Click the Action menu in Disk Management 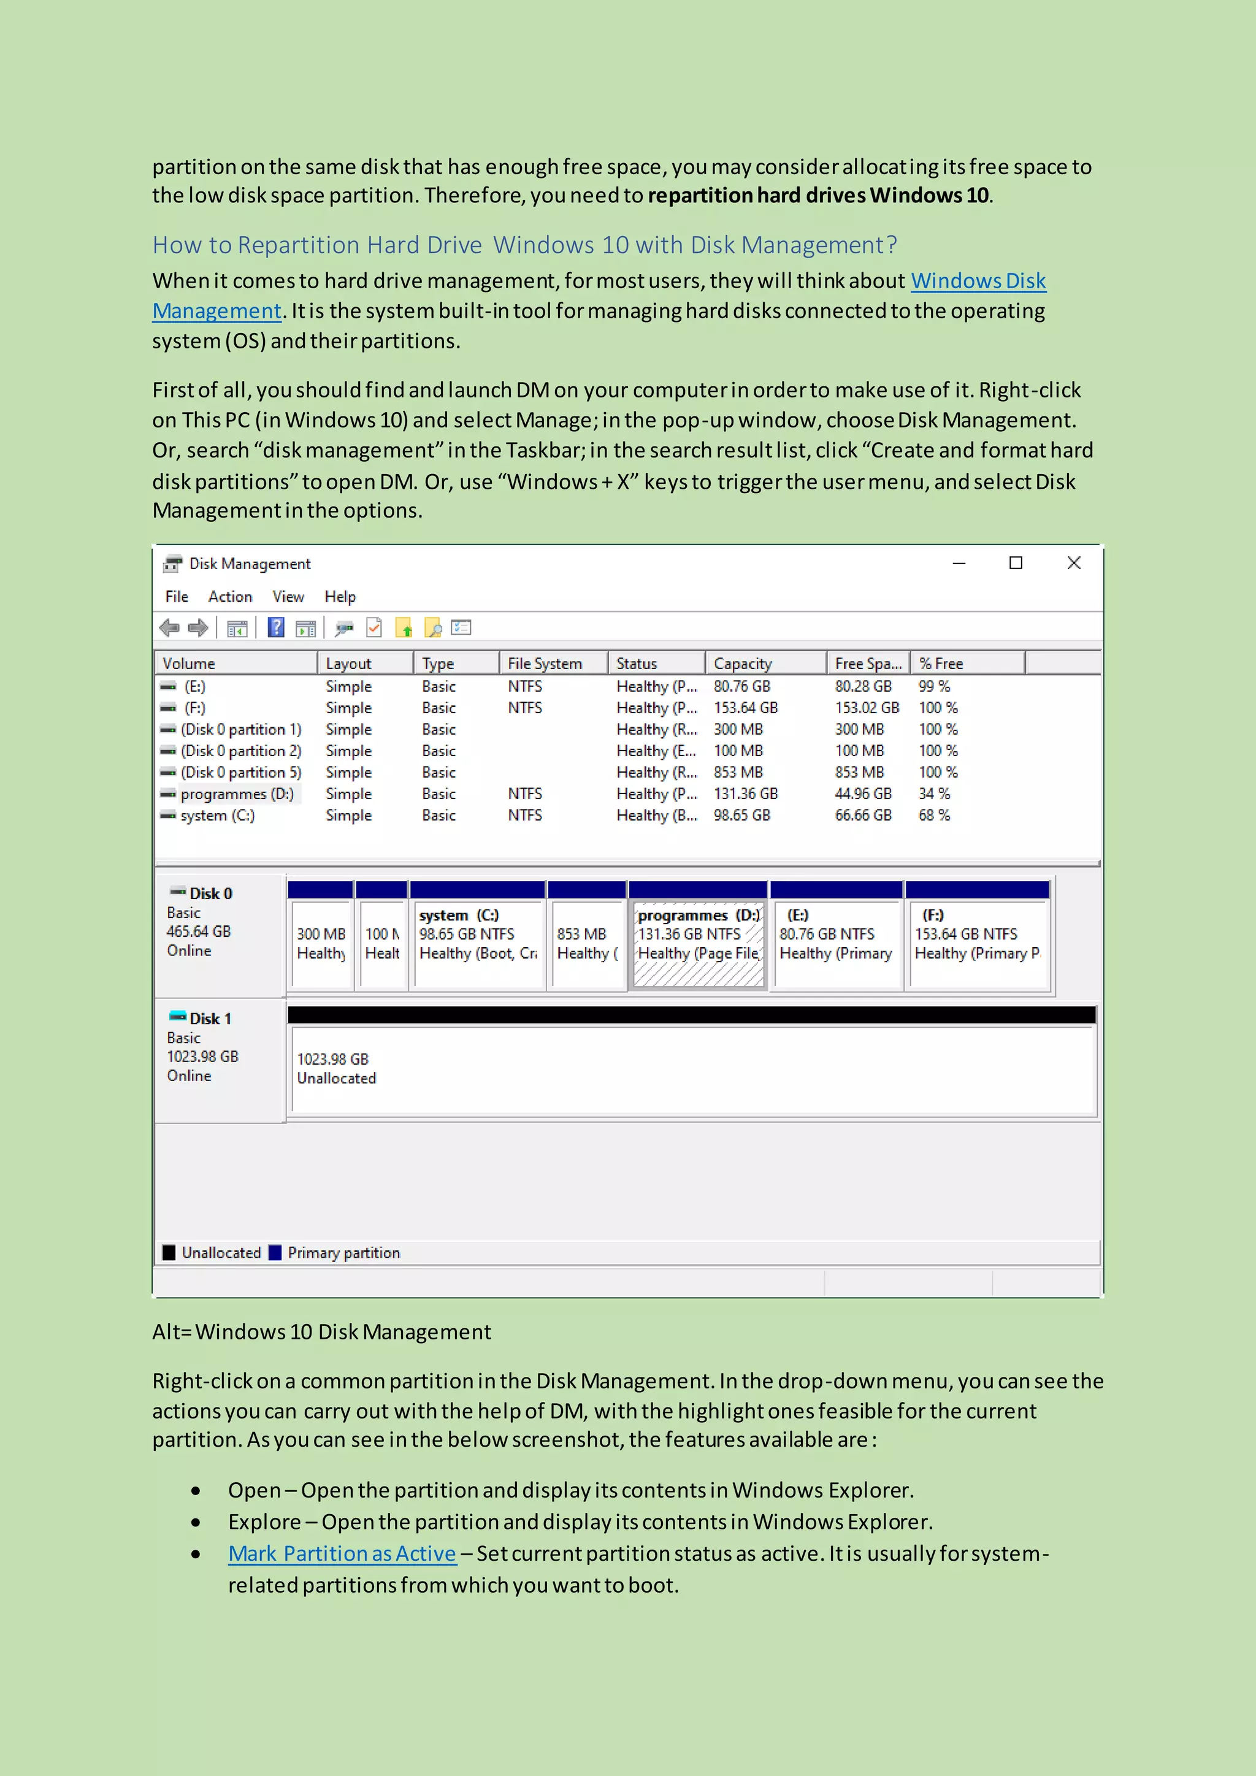(x=230, y=596)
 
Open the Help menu (x=340, y=596)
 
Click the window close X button (x=1073, y=563)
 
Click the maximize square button (x=1016, y=563)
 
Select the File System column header (x=545, y=664)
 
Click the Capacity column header (x=743, y=664)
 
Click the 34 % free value (x=933, y=794)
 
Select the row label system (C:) (x=217, y=815)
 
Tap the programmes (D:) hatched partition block (x=697, y=944)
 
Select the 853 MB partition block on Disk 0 (x=586, y=944)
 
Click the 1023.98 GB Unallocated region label (x=335, y=1068)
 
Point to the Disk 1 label (x=210, y=1019)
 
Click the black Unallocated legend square (x=169, y=1252)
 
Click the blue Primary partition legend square (x=275, y=1252)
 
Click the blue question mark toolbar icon (x=275, y=627)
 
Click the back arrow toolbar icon (x=169, y=627)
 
